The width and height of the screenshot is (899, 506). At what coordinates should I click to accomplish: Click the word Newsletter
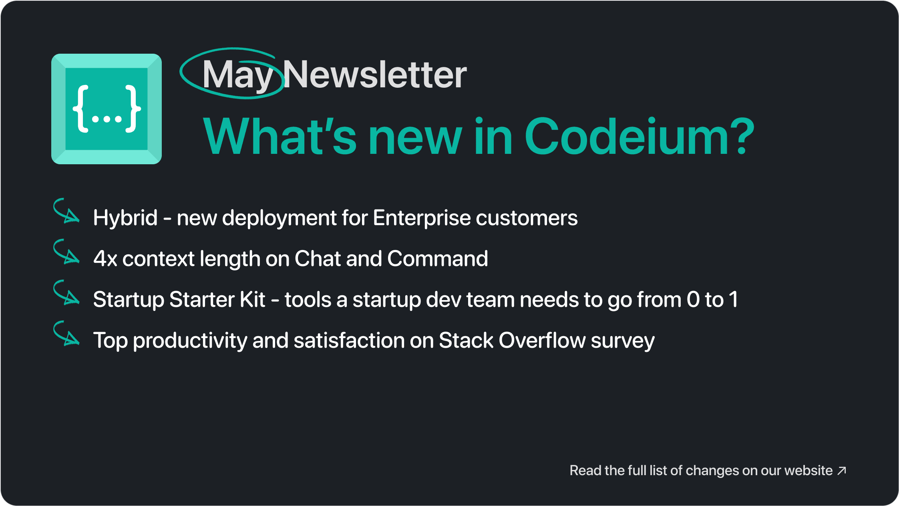[x=375, y=74]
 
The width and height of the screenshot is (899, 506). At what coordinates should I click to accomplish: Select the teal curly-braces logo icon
[x=107, y=109]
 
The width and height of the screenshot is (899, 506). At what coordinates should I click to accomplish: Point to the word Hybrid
[x=125, y=219]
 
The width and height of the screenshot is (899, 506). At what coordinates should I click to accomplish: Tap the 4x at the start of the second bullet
[x=105, y=259]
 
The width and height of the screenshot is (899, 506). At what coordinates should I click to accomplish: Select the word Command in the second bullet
[x=438, y=258]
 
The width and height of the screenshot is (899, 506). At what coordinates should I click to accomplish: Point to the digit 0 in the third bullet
[x=693, y=300]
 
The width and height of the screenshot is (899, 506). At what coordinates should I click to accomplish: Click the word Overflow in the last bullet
[x=542, y=340]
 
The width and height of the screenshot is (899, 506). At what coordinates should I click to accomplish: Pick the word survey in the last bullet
[x=623, y=342]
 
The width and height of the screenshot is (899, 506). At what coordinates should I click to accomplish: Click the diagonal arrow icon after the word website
[x=842, y=471]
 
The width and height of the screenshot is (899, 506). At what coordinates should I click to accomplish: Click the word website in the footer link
[x=808, y=470]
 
